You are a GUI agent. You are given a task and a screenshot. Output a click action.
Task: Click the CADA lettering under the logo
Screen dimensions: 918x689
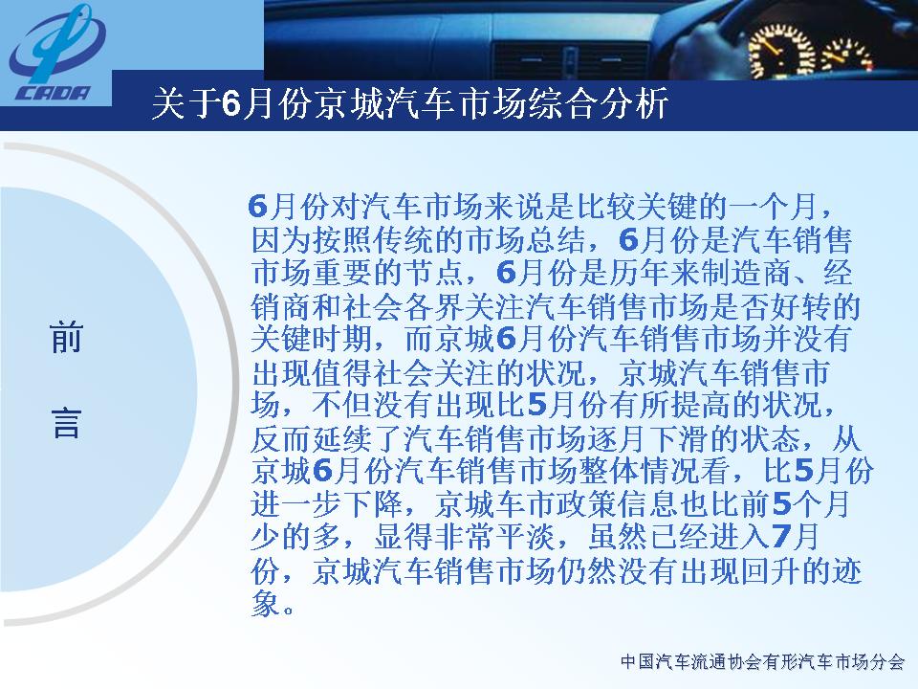[54, 93]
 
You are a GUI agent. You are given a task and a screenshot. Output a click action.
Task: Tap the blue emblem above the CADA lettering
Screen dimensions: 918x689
[56, 44]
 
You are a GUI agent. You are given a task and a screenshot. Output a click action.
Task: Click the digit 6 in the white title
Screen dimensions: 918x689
[231, 105]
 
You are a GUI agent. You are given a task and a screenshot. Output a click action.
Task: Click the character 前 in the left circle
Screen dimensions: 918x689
[66, 337]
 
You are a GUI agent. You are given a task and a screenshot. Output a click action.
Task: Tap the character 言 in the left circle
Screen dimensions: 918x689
[66, 422]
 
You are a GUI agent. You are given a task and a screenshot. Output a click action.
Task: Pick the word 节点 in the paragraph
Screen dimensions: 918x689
[435, 272]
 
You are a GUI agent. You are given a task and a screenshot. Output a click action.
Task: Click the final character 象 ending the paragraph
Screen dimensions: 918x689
[266, 603]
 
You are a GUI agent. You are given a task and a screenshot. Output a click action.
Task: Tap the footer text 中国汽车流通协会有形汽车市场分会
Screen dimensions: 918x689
[763, 662]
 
